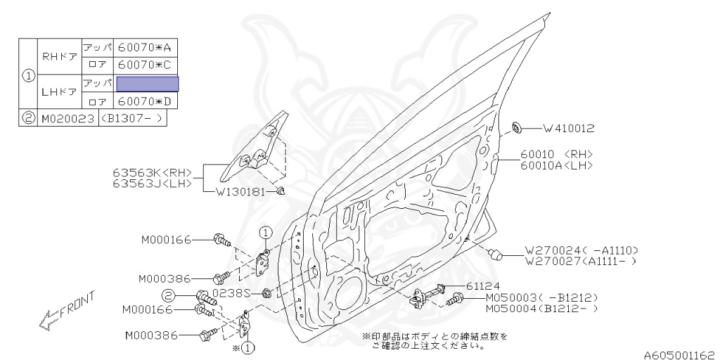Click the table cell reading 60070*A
click(x=145, y=47)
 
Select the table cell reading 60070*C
click(x=145, y=65)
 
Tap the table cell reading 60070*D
click(x=145, y=101)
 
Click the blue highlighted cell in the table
click(x=148, y=84)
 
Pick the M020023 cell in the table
click(x=68, y=118)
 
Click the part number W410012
click(x=568, y=129)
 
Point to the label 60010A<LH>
click(x=557, y=165)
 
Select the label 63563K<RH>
click(x=153, y=173)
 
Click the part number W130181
click(x=240, y=192)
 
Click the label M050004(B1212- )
click(x=542, y=309)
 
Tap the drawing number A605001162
click(x=681, y=355)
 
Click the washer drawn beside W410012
click(x=517, y=127)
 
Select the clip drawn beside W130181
click(x=281, y=191)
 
